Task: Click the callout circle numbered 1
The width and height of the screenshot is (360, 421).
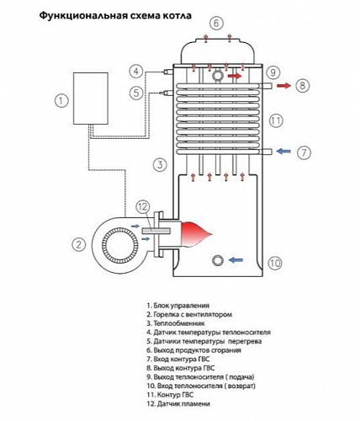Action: (x=60, y=101)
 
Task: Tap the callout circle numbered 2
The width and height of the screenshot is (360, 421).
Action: (x=78, y=245)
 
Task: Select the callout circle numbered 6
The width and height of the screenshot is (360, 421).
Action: (x=216, y=24)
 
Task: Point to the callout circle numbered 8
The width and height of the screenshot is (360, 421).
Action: (x=303, y=85)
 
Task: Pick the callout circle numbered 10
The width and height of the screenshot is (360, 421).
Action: (x=273, y=264)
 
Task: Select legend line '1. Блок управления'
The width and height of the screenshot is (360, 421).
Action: (x=177, y=305)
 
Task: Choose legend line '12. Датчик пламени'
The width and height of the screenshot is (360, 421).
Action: (x=177, y=404)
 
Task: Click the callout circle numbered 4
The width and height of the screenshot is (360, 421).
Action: (x=136, y=71)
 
